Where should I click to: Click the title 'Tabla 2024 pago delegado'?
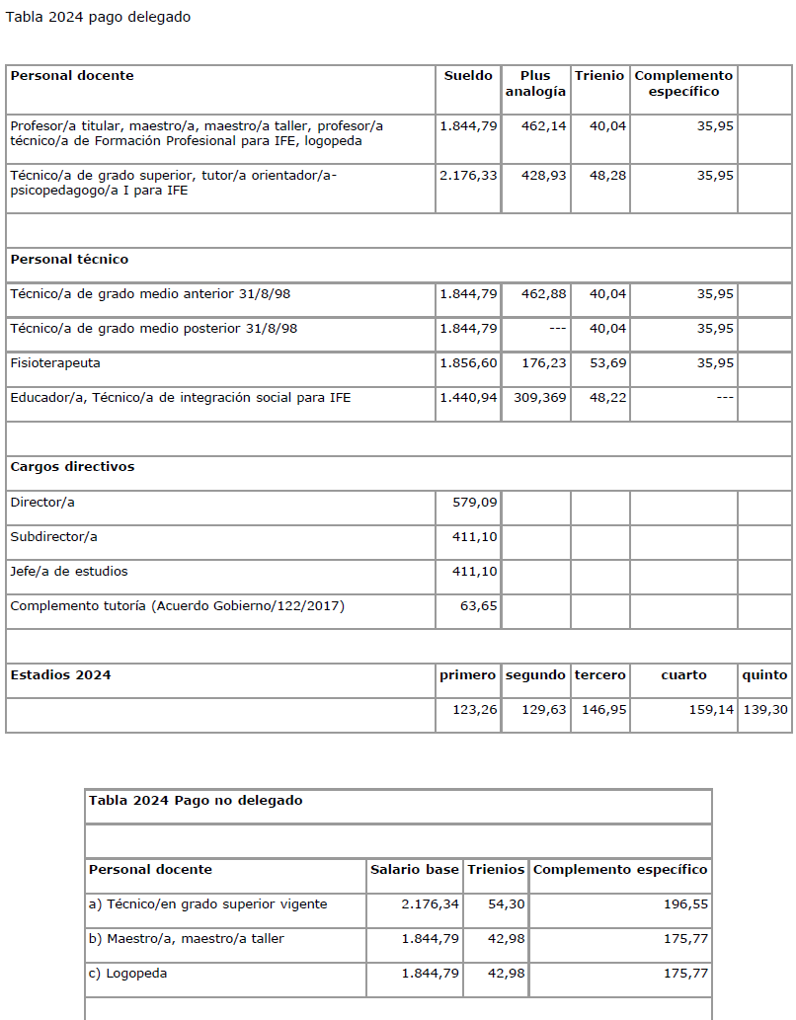coord(99,18)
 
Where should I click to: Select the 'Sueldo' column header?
coord(468,76)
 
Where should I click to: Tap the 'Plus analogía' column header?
coord(535,84)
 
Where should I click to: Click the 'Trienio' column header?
coord(599,76)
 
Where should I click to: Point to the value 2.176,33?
coord(468,176)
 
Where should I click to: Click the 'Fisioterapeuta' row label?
coord(55,363)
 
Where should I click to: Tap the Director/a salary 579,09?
coord(475,503)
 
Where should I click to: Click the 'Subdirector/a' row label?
coord(54,537)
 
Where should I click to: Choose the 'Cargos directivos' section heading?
coord(72,467)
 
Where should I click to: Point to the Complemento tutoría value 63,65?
coord(479,606)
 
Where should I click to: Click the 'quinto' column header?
coord(764,675)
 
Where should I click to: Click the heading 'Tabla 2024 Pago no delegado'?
coord(196,801)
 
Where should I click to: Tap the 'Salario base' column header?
coord(415,870)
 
